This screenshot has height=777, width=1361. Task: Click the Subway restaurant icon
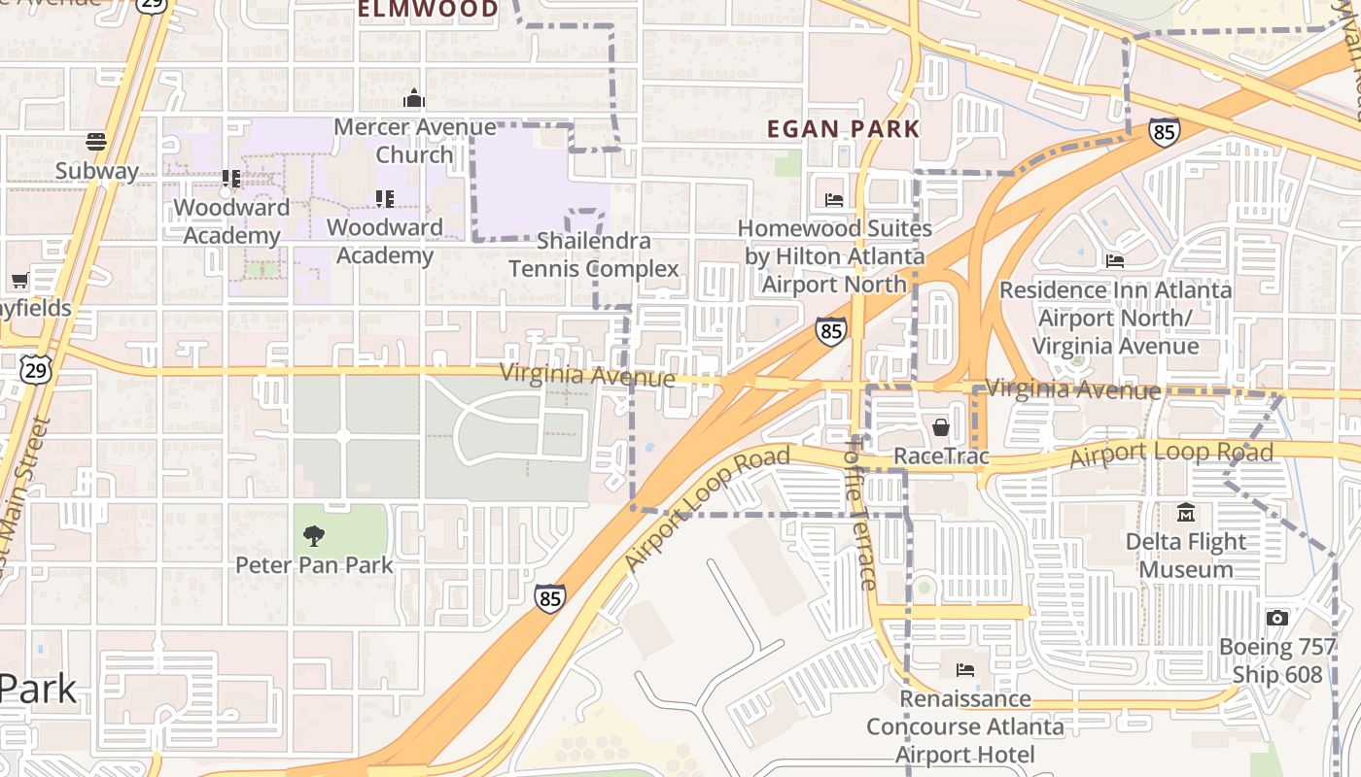[x=95, y=142]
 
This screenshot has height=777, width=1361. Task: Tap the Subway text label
[x=96, y=171]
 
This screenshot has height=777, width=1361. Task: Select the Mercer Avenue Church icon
[x=414, y=98]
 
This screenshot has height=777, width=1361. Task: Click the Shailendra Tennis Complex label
[x=593, y=254]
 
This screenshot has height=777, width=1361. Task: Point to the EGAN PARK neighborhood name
[x=843, y=128]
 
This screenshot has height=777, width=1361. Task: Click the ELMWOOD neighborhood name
[x=428, y=10]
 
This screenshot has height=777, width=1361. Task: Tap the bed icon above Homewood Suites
[x=834, y=200]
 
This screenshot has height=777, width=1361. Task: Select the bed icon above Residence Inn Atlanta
[x=1115, y=260]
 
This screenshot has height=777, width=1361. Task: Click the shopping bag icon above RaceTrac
[x=941, y=426]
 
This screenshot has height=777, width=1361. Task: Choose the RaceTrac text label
[x=940, y=456]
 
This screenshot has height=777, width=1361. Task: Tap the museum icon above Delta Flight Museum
[x=1185, y=512]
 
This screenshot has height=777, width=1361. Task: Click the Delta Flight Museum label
[x=1185, y=555]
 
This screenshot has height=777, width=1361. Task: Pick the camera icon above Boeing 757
[x=1277, y=618]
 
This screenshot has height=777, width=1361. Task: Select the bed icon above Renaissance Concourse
[x=964, y=669]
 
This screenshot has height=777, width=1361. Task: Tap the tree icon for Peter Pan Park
[x=313, y=535]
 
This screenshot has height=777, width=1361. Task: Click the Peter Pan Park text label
[x=314, y=564]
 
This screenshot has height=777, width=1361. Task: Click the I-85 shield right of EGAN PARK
[x=1164, y=131]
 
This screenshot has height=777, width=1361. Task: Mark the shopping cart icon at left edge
[x=19, y=281]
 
